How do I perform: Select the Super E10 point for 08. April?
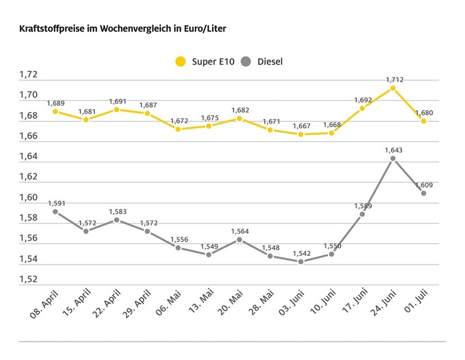pos(55,111)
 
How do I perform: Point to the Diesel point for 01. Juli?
pos(424,193)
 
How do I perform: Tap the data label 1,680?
pos(425,113)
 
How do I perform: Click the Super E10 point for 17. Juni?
pos(362,108)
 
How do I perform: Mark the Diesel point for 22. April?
pos(117,220)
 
